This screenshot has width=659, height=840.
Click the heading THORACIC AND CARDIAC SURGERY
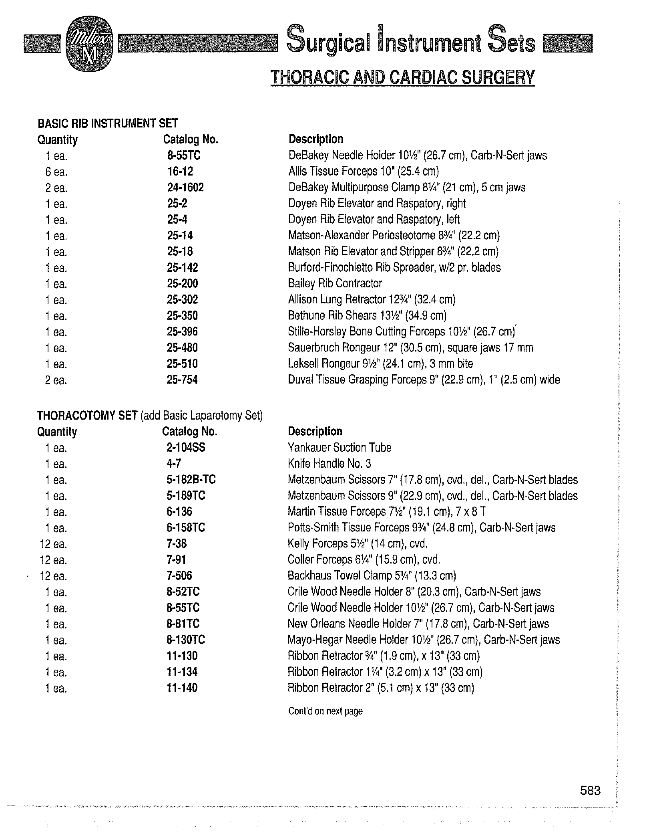coord(402,77)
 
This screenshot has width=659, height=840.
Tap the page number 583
coord(590,791)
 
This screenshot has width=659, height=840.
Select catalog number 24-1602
coord(185,187)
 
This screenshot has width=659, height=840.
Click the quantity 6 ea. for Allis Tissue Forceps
coord(56,172)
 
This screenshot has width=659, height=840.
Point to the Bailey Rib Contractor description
coord(335,283)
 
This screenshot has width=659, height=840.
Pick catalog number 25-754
coord(182,380)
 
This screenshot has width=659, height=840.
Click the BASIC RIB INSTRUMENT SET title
coord(108,123)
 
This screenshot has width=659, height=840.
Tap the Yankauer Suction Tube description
coord(339,447)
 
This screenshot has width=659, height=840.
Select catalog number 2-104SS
coord(186,447)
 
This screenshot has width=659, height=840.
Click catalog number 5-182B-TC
coord(191,479)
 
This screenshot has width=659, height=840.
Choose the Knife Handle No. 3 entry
coord(329,464)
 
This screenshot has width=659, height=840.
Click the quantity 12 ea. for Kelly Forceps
coord(54,544)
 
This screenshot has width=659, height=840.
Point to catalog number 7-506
coord(179,576)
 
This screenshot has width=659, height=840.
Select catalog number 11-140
coord(182,688)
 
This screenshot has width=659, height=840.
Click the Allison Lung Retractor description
coord(372,299)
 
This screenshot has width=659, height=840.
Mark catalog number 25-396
coord(182,331)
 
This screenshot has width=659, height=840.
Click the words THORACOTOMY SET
coord(87,416)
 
